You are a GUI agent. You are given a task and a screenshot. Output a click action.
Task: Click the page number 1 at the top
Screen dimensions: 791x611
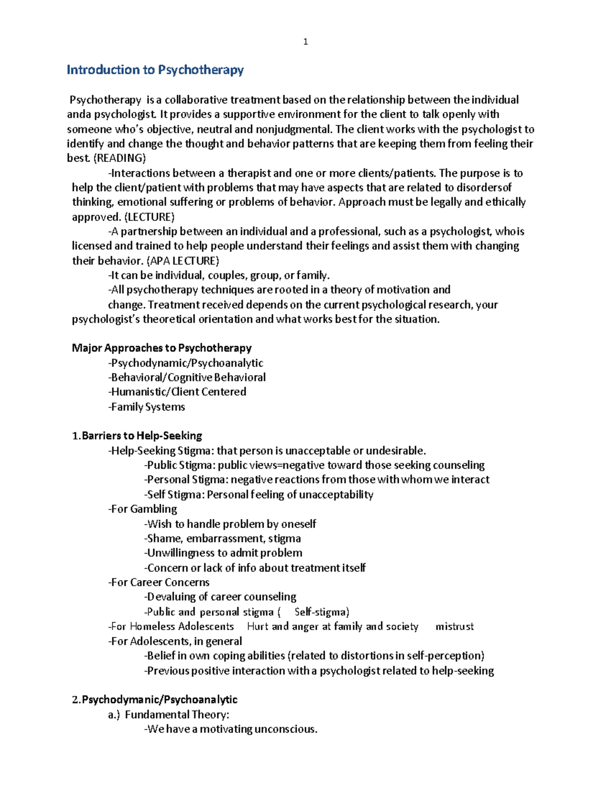pyautogui.click(x=305, y=42)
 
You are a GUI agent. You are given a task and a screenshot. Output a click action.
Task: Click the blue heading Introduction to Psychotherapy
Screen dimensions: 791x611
pyautogui.click(x=155, y=70)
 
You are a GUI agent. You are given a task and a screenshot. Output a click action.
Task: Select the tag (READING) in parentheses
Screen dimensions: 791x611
pyautogui.click(x=120, y=158)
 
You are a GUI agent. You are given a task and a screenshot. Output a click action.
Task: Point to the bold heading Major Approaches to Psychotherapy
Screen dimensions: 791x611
pyautogui.click(x=162, y=348)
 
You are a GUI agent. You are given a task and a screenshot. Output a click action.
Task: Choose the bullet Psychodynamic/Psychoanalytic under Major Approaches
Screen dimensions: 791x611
pyautogui.click(x=186, y=363)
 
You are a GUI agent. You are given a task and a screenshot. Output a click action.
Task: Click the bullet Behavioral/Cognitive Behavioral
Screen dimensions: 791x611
pyautogui.click(x=187, y=377)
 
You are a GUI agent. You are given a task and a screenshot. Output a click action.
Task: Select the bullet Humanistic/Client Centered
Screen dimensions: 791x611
pyautogui.click(x=177, y=392)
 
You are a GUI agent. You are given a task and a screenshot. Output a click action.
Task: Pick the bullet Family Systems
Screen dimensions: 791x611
pyautogui.click(x=147, y=406)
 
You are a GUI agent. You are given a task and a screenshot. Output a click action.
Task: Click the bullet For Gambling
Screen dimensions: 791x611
pyautogui.click(x=143, y=509)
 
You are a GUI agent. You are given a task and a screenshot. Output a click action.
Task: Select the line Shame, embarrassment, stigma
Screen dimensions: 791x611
pyautogui.click(x=223, y=538)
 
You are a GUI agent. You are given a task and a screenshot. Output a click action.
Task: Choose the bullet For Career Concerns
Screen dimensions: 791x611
pyautogui.click(x=159, y=582)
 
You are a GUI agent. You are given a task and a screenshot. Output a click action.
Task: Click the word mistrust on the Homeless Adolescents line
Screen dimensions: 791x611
pyautogui.click(x=455, y=626)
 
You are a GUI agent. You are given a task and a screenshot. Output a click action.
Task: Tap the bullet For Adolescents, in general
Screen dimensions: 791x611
pyautogui.click(x=175, y=641)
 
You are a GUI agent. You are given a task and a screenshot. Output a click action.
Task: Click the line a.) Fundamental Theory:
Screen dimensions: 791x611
pyautogui.click(x=169, y=714)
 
